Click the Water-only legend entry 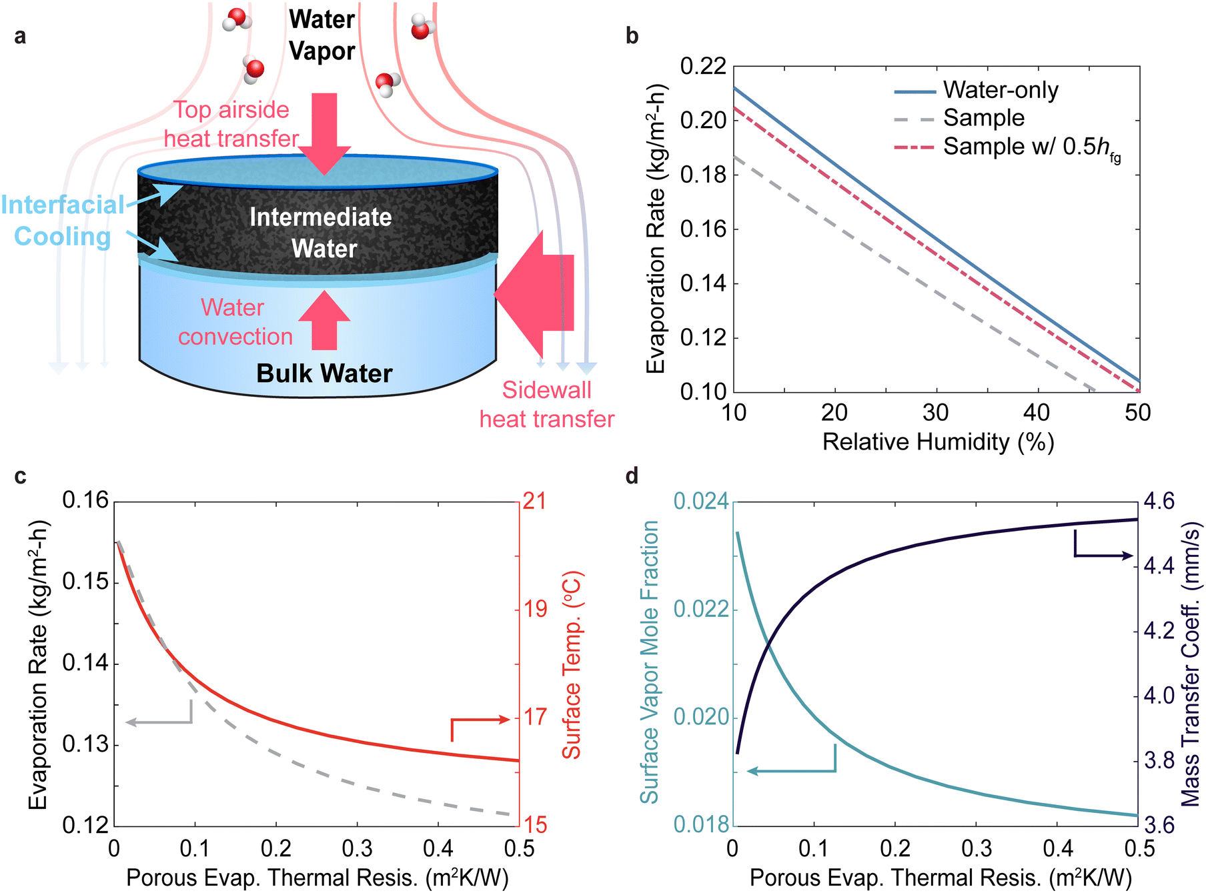click(x=977, y=90)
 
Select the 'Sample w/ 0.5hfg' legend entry click(x=1007, y=147)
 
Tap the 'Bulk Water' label click(x=324, y=373)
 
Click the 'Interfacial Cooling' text click(x=63, y=221)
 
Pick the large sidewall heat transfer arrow click(x=534, y=293)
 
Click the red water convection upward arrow click(x=324, y=320)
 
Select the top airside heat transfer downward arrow click(x=324, y=133)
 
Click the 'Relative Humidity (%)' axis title click(x=938, y=442)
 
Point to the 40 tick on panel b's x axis click(x=1037, y=413)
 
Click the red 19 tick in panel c click(x=535, y=609)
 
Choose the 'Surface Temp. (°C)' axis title click(x=572, y=665)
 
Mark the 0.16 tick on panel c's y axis click(x=85, y=500)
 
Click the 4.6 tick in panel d click(x=1159, y=502)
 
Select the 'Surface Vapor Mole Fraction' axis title click(x=650, y=662)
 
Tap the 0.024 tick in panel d click(x=701, y=502)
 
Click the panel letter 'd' click(x=632, y=476)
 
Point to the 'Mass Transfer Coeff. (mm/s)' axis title click(x=1191, y=664)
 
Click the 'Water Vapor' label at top click(x=322, y=35)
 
